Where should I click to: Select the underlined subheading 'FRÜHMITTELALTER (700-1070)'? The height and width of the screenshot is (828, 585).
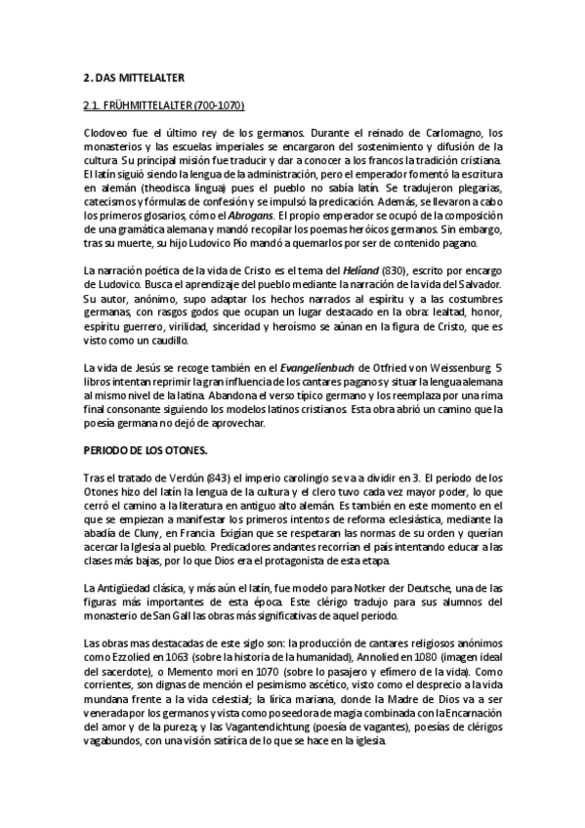click(x=172, y=104)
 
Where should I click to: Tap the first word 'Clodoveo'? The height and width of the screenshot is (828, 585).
click(x=105, y=133)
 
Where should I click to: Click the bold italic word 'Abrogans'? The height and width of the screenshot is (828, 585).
click(x=249, y=215)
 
